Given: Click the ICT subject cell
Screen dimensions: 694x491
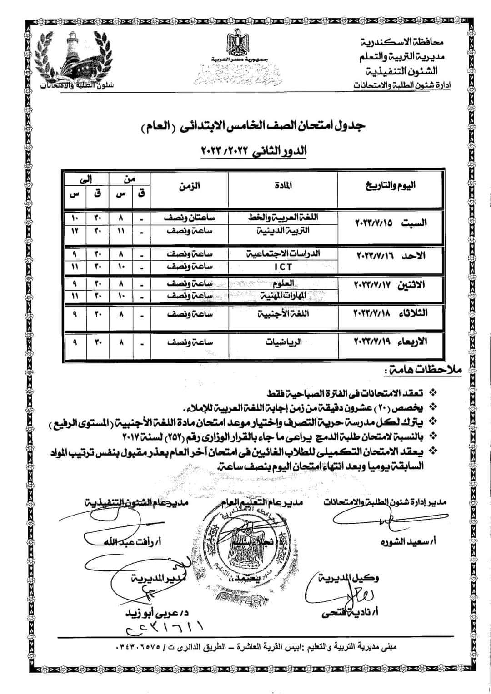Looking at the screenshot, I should coord(283,267).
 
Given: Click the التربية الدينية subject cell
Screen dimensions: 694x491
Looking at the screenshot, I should coord(283,230).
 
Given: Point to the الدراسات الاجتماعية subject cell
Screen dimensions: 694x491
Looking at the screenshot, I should coord(283,253).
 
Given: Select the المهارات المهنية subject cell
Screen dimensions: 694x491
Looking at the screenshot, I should coord(283,296).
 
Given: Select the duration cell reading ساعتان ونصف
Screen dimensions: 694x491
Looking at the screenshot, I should coord(190,218).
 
